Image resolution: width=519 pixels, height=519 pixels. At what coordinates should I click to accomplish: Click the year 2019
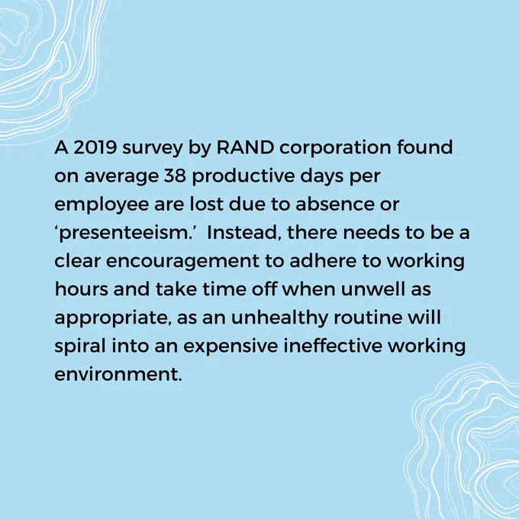click(95, 147)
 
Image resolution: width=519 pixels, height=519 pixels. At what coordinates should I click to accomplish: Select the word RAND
click(245, 147)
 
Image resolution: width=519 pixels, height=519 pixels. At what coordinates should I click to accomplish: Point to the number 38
click(175, 176)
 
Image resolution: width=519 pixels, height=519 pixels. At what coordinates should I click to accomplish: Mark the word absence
click(335, 204)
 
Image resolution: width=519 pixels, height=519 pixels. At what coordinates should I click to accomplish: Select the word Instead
click(243, 232)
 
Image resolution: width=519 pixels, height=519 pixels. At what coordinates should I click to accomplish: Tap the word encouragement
click(182, 262)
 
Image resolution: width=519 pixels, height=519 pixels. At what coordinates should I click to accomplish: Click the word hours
click(82, 289)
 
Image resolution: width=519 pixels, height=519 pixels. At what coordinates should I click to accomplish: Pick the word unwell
click(373, 289)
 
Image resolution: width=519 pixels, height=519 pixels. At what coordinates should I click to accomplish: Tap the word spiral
click(80, 347)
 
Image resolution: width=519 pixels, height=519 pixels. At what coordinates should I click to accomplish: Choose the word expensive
click(230, 347)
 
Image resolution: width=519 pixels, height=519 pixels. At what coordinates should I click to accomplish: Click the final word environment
click(118, 375)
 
